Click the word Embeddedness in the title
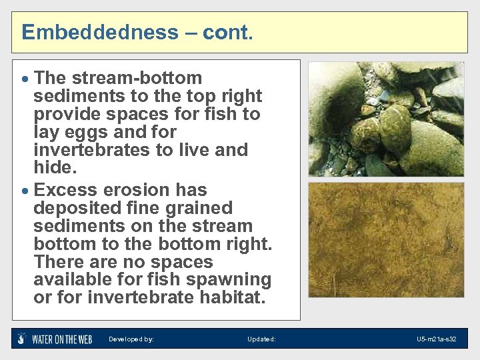tap(101, 32)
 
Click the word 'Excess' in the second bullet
tap(67, 190)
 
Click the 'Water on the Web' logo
tap(55, 339)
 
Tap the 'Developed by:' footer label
tap(131, 339)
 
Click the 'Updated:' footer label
tap(261, 339)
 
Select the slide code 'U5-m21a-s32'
tap(437, 339)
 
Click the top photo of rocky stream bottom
tap(386, 119)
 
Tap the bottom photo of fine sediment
tap(386, 240)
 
